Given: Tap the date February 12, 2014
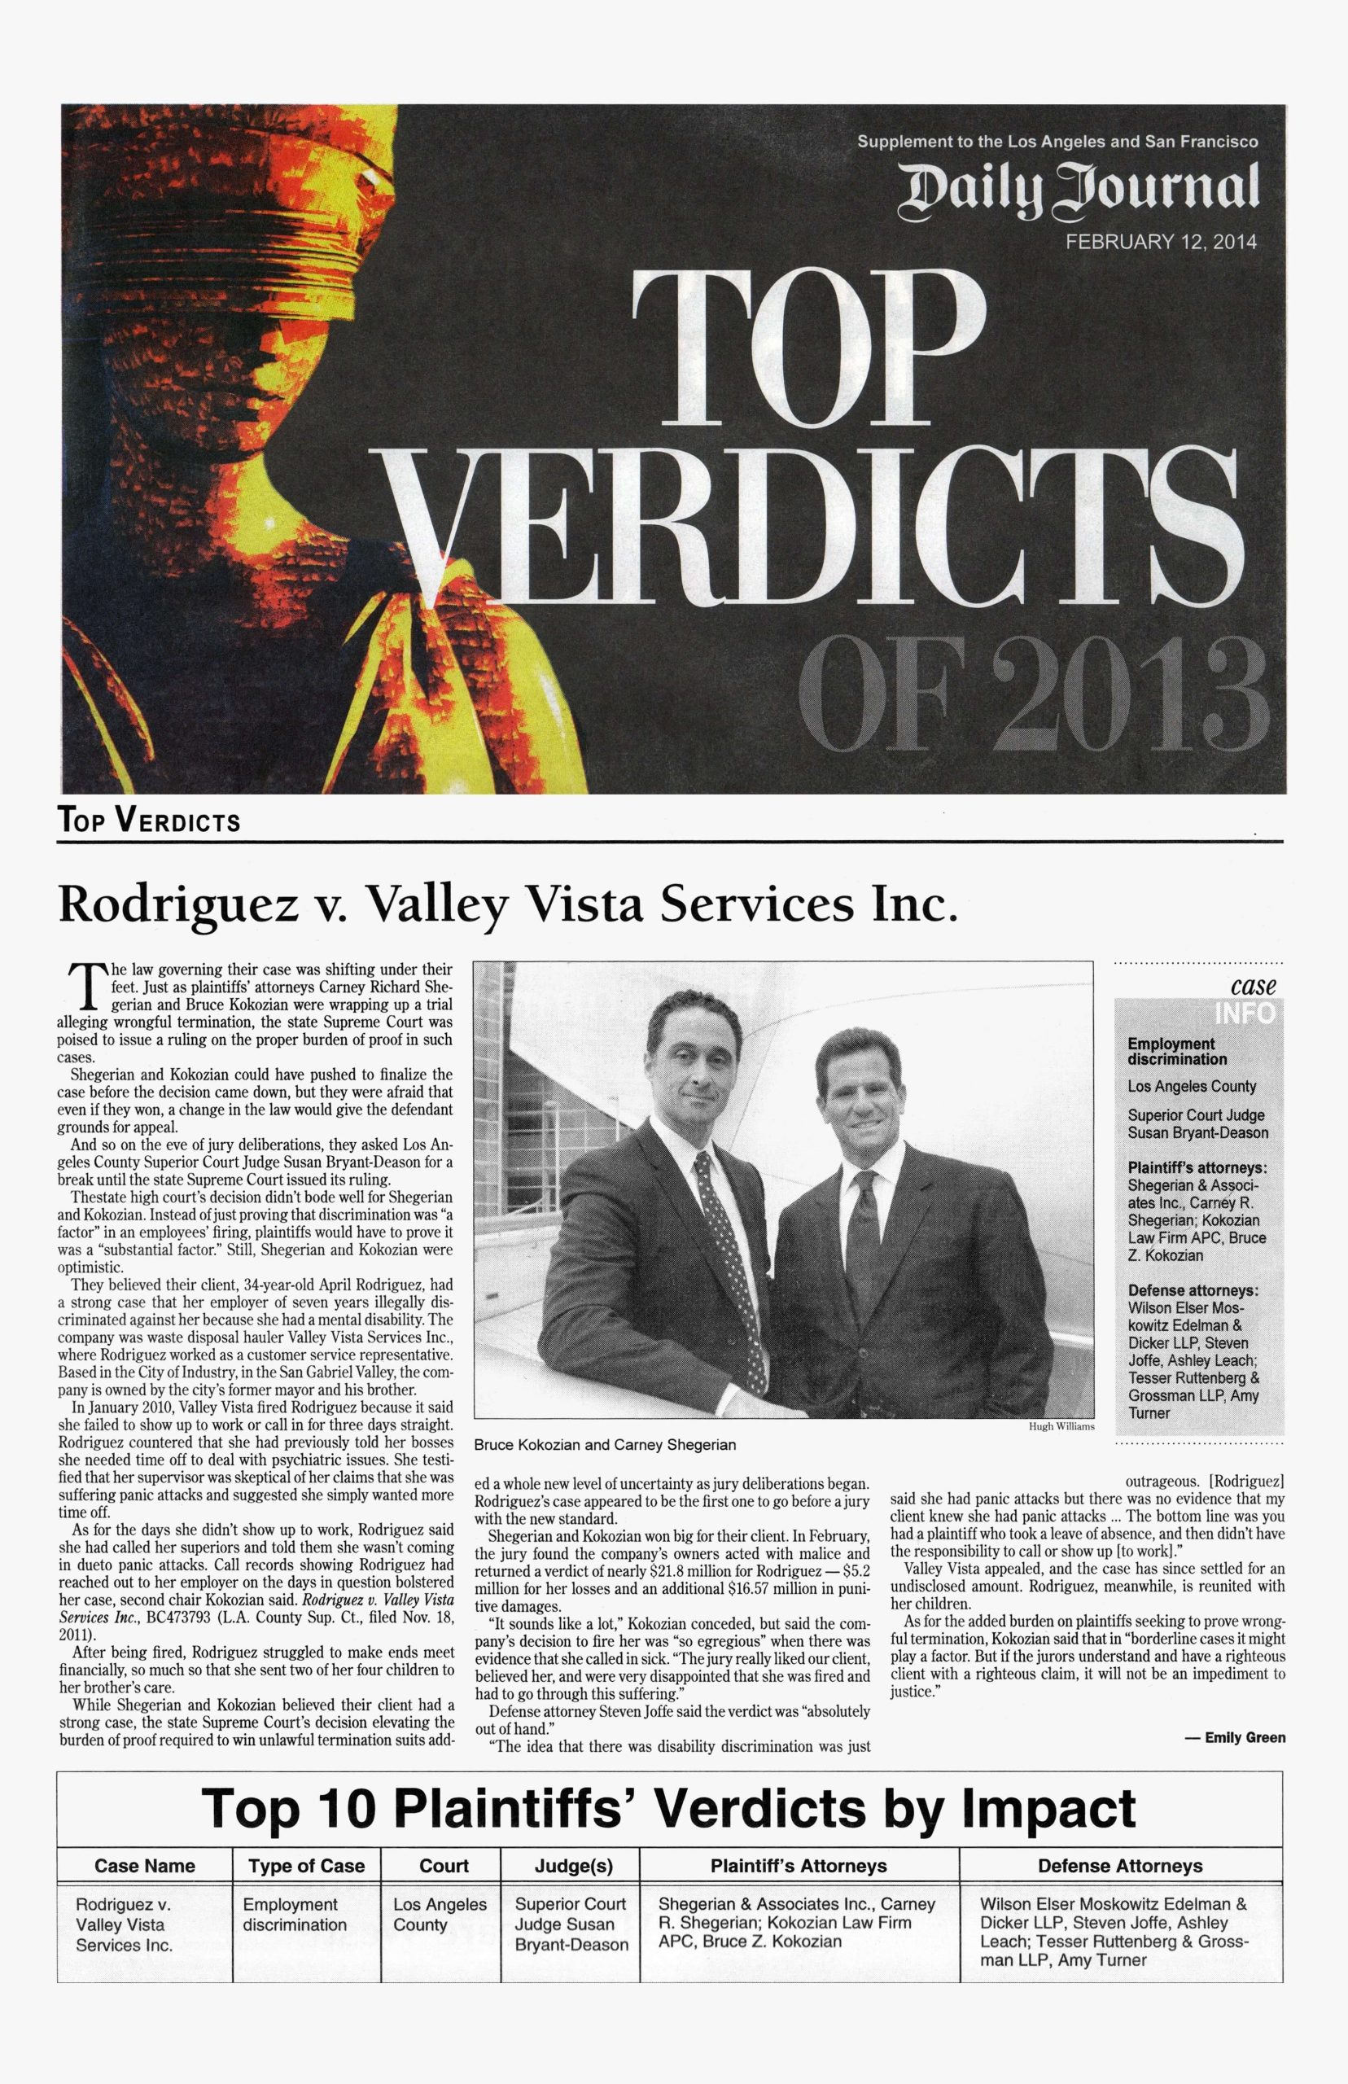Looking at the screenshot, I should pyautogui.click(x=1160, y=243).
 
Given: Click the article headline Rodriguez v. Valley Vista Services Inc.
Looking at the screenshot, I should pyautogui.click(x=508, y=904).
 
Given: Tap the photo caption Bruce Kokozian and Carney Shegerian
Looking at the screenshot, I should pyautogui.click(x=605, y=1445).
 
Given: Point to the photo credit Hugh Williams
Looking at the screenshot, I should pyautogui.click(x=1061, y=1425).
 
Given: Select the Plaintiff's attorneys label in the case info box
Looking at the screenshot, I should pyautogui.click(x=1197, y=1167).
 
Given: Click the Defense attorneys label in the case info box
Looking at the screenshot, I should pyautogui.click(x=1193, y=1290).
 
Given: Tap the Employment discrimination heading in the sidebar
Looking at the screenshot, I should pyautogui.click(x=1176, y=1051).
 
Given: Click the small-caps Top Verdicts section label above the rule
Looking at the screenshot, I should pyautogui.click(x=149, y=821).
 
